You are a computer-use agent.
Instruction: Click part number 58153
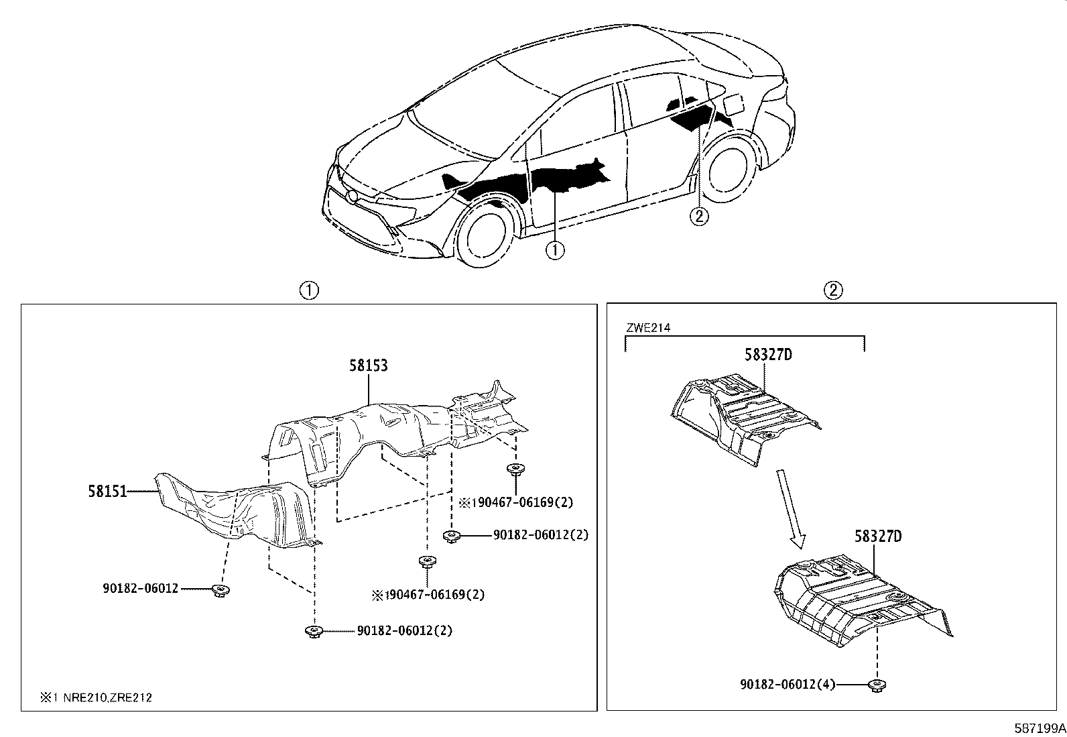(368, 366)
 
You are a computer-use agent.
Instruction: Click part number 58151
(107, 492)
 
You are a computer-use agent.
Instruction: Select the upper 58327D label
(767, 355)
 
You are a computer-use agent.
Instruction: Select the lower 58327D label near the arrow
(877, 536)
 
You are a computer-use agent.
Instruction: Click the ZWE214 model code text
(647, 328)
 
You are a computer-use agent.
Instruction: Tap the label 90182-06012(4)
(788, 685)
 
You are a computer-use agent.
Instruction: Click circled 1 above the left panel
(308, 290)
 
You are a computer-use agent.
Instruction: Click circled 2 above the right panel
(832, 290)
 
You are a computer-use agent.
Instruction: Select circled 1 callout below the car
(554, 251)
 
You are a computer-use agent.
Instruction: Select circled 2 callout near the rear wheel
(698, 217)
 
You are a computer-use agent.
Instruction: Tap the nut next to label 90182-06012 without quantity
(219, 589)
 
